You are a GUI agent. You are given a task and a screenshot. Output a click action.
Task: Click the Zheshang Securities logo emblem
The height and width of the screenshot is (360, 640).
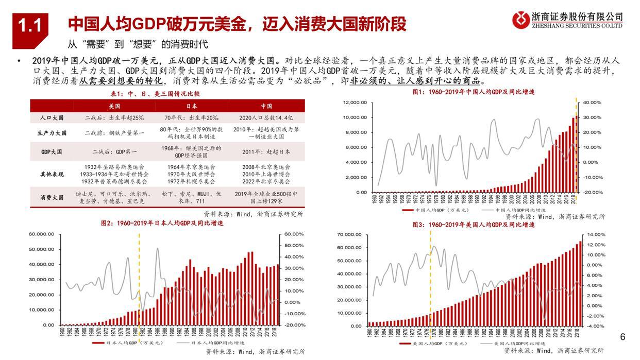point(521,20)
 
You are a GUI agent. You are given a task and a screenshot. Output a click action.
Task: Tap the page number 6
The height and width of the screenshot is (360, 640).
point(622,337)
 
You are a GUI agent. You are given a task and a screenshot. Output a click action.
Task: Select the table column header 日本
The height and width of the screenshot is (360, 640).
point(191,106)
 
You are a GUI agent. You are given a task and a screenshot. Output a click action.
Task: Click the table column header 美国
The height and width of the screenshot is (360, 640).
point(114,106)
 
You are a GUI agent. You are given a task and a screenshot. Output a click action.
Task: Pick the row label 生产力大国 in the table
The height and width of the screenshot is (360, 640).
point(52,133)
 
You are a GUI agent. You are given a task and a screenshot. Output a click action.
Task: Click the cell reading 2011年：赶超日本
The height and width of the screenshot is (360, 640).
point(266,152)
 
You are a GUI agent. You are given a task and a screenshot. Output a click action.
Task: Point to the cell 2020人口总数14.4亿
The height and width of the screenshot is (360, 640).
point(266,118)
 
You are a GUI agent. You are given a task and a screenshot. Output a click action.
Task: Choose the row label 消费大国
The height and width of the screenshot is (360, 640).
point(52,197)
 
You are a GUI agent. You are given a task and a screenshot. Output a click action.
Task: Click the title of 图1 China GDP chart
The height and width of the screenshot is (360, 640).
point(474,92)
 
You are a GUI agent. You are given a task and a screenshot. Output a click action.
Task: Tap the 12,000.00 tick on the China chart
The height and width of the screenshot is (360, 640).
point(354,103)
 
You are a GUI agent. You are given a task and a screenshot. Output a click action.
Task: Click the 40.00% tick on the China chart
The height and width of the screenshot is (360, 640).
point(592,103)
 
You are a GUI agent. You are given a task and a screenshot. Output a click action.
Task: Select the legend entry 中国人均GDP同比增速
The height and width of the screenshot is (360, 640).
point(515,210)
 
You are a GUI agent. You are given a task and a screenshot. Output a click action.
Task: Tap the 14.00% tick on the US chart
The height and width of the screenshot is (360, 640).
point(596,235)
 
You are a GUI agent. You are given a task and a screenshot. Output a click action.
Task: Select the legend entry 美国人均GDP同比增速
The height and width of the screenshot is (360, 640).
point(515,343)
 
